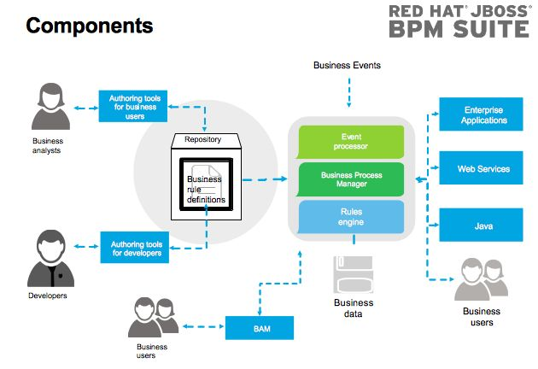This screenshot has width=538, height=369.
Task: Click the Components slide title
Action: point(90,26)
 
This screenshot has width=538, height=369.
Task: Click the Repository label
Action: point(202,139)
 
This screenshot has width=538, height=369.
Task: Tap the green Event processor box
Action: point(351,142)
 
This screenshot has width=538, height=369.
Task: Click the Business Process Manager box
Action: point(351,179)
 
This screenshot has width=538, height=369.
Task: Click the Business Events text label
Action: point(347,65)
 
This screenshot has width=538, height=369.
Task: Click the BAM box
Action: point(259,327)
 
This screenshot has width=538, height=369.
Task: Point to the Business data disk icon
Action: point(353,274)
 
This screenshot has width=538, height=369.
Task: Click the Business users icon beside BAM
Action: point(153,318)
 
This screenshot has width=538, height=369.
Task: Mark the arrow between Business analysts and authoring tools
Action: point(85,108)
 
